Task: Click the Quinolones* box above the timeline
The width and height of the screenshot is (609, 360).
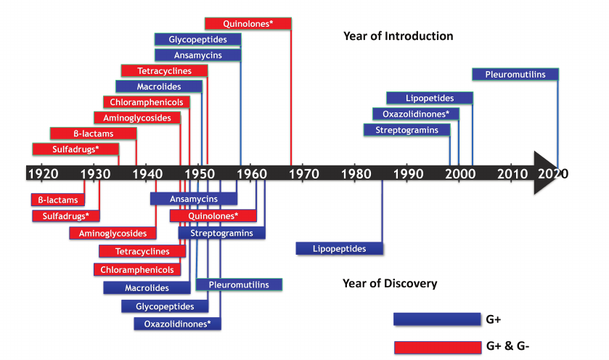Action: click(x=248, y=23)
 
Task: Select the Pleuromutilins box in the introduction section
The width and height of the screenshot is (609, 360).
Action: click(x=515, y=74)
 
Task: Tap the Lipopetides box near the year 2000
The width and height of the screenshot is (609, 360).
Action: click(x=430, y=98)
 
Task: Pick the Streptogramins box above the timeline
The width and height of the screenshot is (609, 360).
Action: click(x=406, y=130)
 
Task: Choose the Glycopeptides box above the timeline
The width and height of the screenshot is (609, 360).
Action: click(x=197, y=39)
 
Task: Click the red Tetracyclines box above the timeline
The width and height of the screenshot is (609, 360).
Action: click(x=164, y=70)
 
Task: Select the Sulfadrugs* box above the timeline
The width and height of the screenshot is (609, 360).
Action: click(x=75, y=149)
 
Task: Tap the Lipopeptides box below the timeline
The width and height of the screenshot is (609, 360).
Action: click(x=339, y=248)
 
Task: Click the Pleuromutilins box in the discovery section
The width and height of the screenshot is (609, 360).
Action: click(x=239, y=285)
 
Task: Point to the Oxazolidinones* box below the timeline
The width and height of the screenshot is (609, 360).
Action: click(x=177, y=324)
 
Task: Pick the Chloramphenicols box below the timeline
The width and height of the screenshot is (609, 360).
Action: click(x=137, y=269)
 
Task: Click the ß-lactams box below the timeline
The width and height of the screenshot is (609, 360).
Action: click(x=57, y=199)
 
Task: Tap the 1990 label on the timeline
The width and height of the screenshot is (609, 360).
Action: click(x=409, y=173)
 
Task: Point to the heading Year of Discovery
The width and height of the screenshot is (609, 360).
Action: click(x=390, y=283)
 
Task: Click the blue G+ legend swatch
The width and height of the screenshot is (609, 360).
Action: click(x=433, y=319)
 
